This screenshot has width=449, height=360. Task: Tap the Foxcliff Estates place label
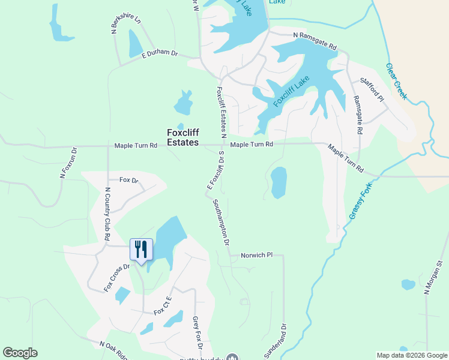point(182,138)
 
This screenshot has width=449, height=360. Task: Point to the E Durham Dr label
point(160,54)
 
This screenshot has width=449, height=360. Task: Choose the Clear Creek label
point(396,81)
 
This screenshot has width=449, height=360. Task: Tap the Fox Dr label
point(128,180)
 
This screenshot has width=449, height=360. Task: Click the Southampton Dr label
point(221,223)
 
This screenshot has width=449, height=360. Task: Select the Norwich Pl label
point(256,255)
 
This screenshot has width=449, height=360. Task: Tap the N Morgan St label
point(433,277)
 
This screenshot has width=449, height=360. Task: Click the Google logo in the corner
point(20,353)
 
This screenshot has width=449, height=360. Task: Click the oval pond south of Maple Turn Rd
point(279,182)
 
